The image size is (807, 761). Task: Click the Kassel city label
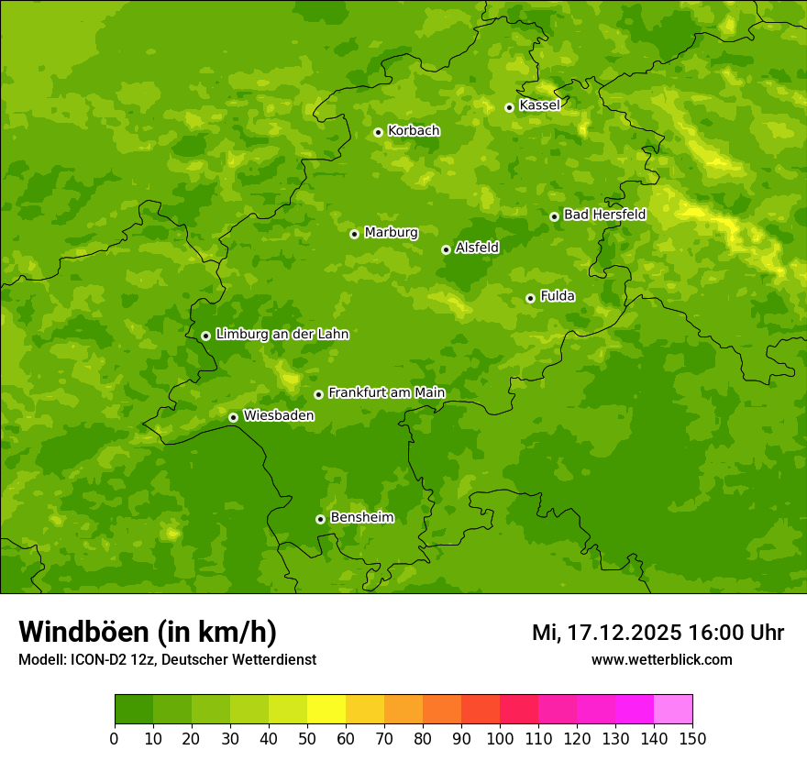point(539,105)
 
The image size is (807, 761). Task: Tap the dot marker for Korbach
point(378,132)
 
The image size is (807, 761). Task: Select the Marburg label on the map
point(391,233)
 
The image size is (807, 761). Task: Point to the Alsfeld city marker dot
point(446,249)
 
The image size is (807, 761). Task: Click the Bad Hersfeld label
point(604,215)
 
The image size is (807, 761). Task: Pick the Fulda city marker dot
point(530,298)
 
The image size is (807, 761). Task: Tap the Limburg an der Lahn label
point(282,335)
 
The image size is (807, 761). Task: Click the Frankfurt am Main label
point(386,393)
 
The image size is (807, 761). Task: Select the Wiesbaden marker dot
point(233,417)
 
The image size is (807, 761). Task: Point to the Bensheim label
point(361,518)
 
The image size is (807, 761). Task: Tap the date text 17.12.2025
point(624,633)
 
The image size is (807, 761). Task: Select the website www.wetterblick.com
point(661,659)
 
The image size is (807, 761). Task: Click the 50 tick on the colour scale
point(307,739)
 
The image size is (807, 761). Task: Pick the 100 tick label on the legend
point(500,739)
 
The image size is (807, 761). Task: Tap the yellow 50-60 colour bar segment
point(326,710)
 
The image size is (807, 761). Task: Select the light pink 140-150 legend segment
point(673,710)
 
